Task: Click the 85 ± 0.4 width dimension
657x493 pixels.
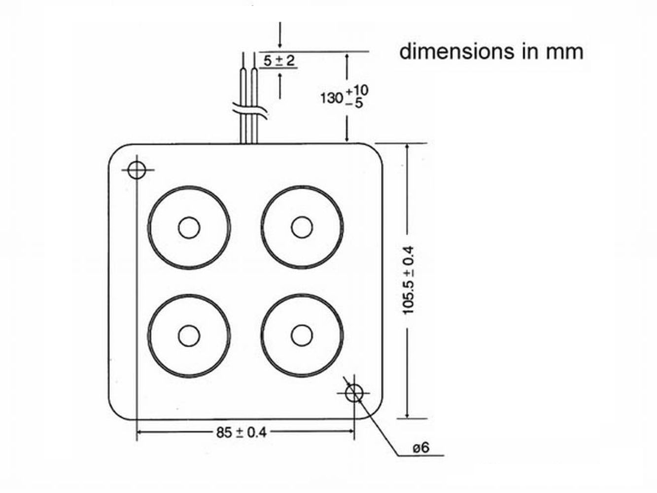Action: (241, 432)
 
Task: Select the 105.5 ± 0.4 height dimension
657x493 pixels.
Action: (409, 280)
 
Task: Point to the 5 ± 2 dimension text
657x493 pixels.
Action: (278, 61)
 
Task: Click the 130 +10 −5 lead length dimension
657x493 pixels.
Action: (344, 97)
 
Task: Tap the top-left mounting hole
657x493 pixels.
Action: (137, 170)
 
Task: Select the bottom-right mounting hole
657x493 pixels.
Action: (354, 393)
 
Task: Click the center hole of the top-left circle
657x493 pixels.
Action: (189, 228)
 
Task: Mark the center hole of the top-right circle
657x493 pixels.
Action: (302, 227)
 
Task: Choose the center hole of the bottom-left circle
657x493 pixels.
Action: (189, 336)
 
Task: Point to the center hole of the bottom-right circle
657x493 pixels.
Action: (302, 336)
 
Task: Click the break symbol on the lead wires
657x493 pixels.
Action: (250, 111)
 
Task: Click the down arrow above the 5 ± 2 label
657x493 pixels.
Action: (280, 42)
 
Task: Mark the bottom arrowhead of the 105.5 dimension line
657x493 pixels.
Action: (407, 415)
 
